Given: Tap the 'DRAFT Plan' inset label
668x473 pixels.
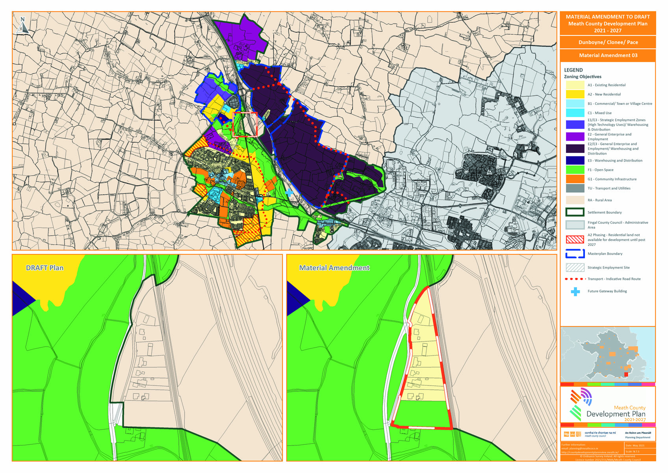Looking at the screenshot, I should [45, 268].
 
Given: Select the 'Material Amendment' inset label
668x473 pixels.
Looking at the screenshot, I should [334, 268].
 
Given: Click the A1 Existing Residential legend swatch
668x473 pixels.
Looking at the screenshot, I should [575, 85].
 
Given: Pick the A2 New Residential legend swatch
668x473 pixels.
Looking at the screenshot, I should [575, 94].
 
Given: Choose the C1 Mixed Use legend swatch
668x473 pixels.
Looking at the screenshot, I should [575, 113].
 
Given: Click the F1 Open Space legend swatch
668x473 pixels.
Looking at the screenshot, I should [575, 170].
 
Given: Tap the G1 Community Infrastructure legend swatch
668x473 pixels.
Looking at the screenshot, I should [575, 179].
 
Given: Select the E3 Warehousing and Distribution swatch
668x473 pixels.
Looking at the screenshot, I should [575, 160].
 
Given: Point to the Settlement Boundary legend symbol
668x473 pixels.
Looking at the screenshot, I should [575, 212].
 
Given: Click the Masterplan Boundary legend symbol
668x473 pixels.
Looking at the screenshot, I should [575, 254].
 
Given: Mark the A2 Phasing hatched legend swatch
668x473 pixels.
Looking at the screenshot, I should [575, 239].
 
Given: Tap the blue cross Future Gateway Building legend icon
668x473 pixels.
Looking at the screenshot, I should [575, 292].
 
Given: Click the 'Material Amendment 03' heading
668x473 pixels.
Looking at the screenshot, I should [608, 56].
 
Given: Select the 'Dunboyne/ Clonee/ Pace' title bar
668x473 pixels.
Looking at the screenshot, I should [608, 42].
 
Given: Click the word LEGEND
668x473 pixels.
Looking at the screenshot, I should [573, 70].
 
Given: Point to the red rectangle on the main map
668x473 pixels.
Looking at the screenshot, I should [245, 124].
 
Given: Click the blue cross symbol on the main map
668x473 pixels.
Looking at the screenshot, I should [289, 192].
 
